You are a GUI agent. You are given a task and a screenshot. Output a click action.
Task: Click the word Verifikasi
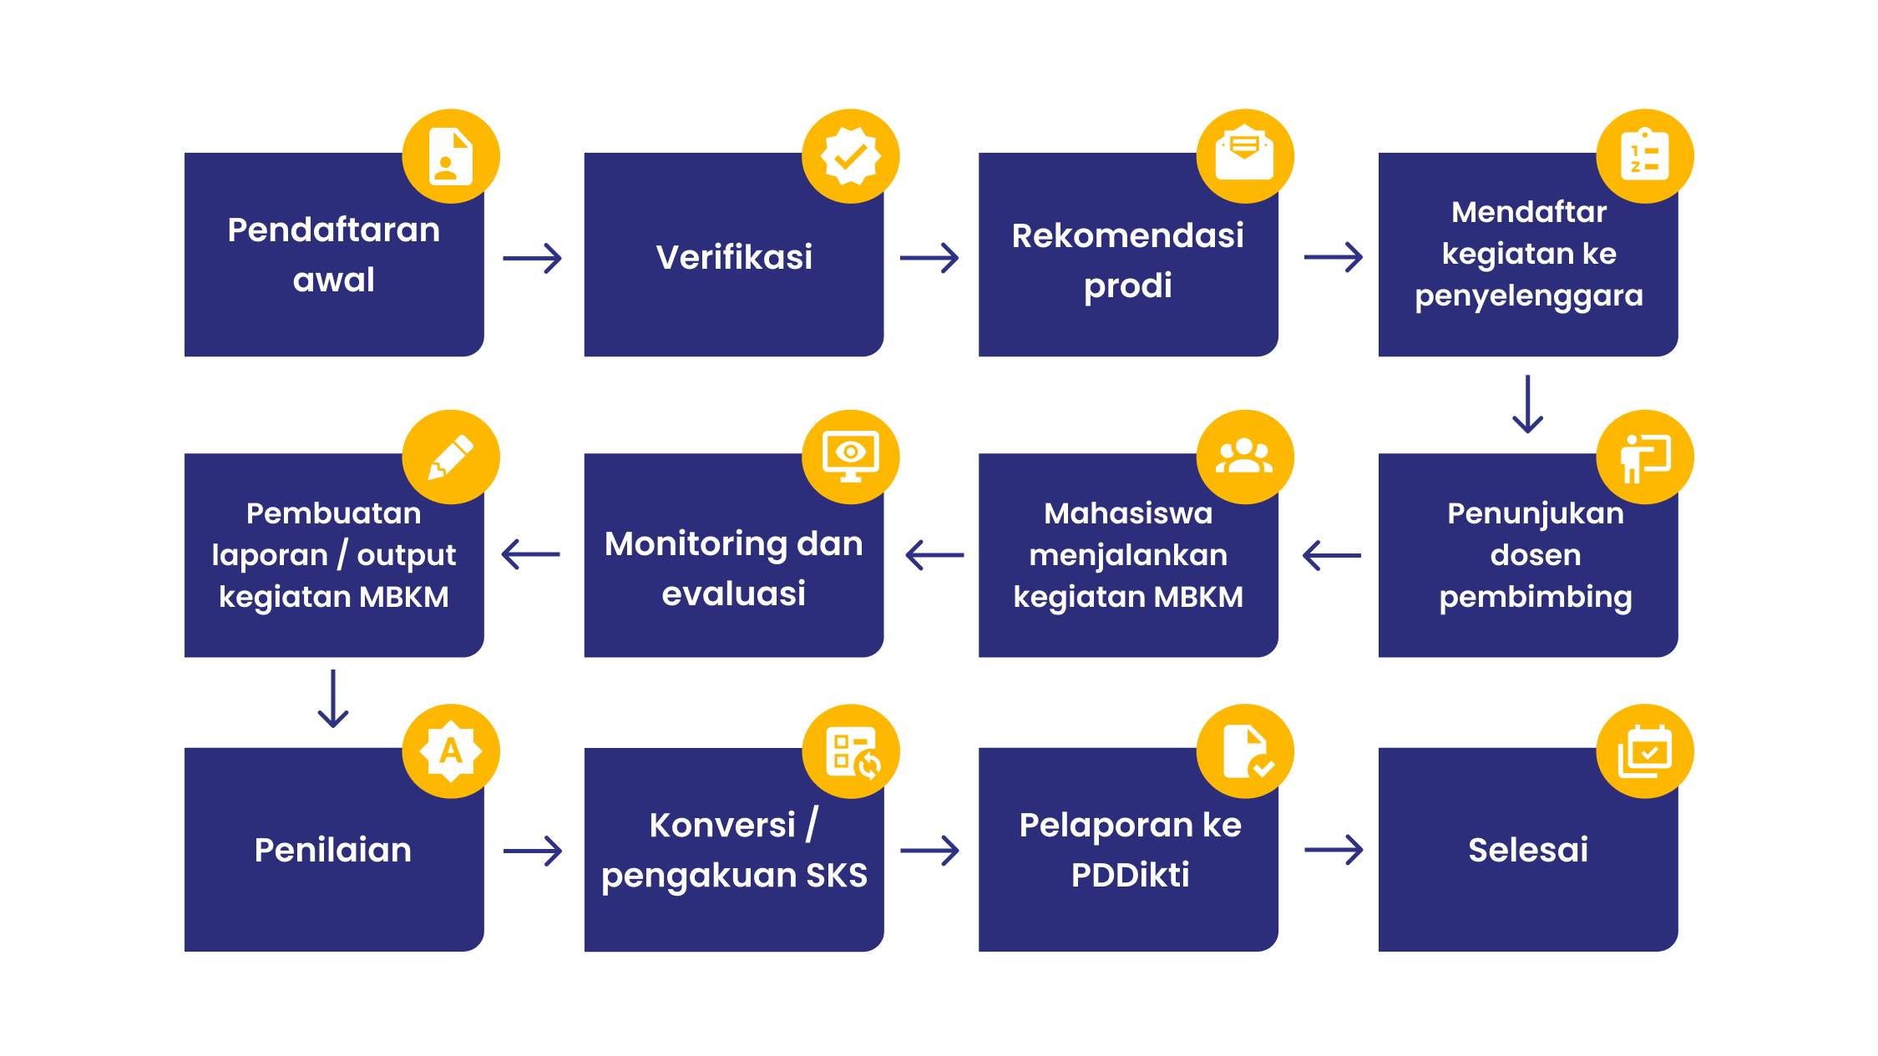[x=734, y=257]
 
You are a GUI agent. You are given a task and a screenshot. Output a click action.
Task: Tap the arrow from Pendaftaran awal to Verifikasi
[x=532, y=258]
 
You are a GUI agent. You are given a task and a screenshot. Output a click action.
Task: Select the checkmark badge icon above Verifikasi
[x=850, y=156]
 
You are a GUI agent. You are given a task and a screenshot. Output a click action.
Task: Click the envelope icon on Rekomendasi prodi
[x=1244, y=153]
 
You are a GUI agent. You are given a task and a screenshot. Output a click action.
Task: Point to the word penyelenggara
[x=1529, y=296]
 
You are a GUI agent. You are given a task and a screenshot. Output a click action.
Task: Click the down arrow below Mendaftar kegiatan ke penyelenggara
[x=1527, y=404]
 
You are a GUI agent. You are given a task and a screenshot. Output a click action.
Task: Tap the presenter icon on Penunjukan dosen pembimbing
[x=1645, y=458]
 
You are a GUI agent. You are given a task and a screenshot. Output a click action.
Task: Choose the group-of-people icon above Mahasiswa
[x=1244, y=456]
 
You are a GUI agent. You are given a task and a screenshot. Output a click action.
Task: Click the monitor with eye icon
[x=850, y=457]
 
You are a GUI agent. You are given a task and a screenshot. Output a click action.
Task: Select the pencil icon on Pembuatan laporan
[x=451, y=457]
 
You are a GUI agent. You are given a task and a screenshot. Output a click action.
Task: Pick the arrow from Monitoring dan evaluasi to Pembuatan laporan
[x=531, y=554]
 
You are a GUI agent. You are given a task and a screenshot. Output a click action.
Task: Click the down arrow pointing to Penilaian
[x=333, y=699]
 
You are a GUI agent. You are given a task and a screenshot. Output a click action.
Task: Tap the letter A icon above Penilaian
[x=451, y=751]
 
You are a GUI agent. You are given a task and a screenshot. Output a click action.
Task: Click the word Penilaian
[x=333, y=850]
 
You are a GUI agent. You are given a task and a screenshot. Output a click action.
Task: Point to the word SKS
[x=837, y=876]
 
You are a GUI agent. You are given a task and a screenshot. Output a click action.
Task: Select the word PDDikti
[x=1130, y=875]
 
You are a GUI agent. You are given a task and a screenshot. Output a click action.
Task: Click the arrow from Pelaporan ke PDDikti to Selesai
[x=1334, y=850]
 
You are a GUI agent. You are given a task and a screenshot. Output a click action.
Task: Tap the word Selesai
[x=1528, y=850]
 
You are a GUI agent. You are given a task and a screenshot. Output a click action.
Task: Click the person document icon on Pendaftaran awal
[x=451, y=156]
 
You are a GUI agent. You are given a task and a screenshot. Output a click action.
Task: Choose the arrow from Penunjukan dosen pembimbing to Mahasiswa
[x=1332, y=554]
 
